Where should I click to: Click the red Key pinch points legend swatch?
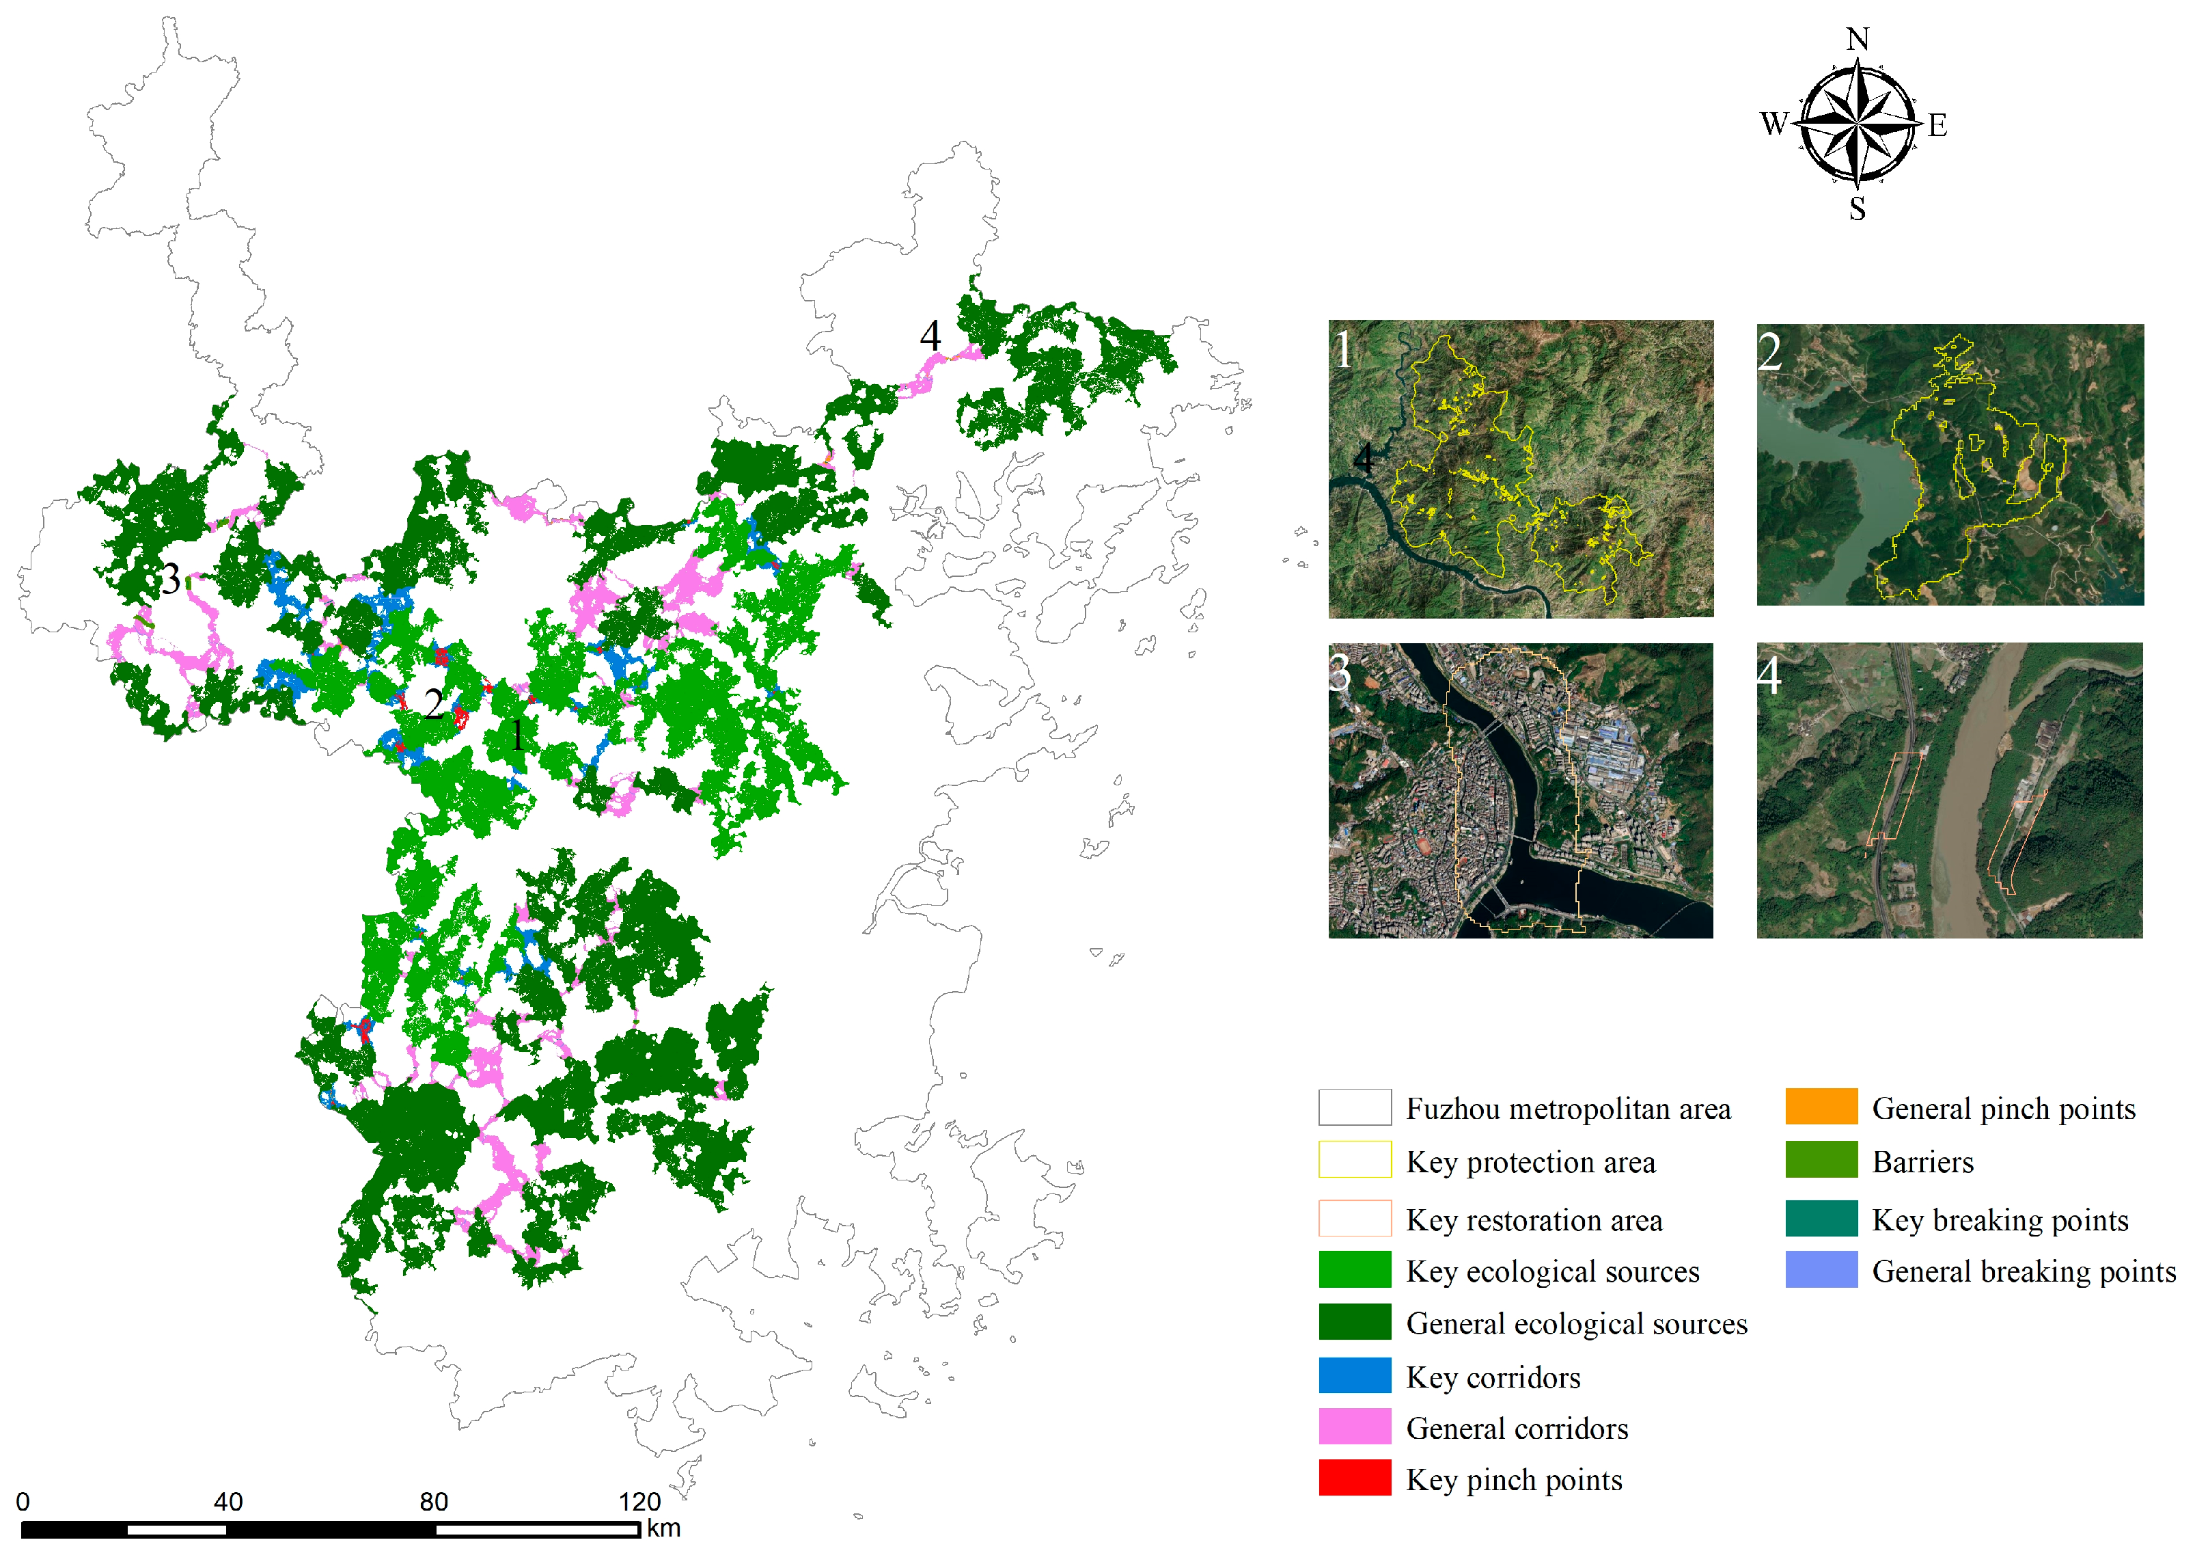[1354, 1477]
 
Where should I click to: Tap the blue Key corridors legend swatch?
[1354, 1375]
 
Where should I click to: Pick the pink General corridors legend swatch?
[1354, 1426]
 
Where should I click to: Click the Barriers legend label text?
[1922, 1162]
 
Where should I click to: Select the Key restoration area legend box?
[1354, 1218]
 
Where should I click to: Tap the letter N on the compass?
[1857, 39]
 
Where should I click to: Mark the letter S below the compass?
[1857, 208]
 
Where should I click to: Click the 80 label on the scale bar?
[433, 1501]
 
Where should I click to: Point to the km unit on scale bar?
[663, 1528]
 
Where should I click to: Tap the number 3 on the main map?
[170, 578]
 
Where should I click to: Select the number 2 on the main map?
[433, 705]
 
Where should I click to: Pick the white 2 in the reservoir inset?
[1769, 352]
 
